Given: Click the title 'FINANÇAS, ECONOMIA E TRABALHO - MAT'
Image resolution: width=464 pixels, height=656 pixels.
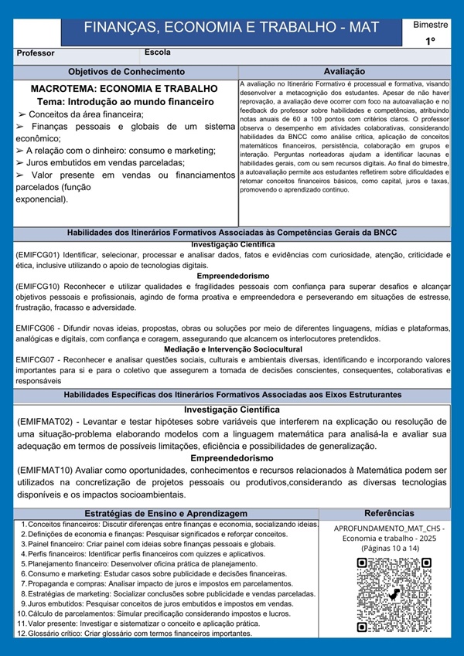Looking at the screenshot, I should (231, 28).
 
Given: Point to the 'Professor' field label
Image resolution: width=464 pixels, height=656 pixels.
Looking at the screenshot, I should (36, 54).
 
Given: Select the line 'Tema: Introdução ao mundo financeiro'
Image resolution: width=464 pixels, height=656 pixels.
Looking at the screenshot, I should (125, 101).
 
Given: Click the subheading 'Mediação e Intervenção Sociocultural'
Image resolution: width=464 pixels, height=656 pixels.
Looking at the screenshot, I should (233, 349).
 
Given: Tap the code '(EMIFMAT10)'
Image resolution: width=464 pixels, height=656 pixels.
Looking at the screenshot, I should (45, 471).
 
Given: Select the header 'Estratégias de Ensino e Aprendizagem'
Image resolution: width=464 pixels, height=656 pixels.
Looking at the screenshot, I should (165, 513).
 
